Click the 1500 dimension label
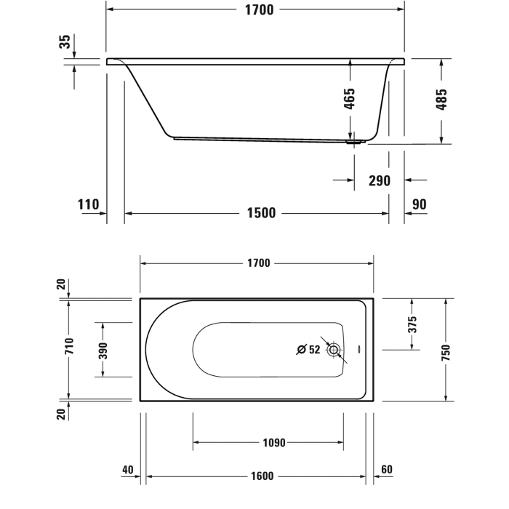point(261,213)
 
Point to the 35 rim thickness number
point(65,42)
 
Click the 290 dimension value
point(379,180)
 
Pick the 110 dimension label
point(88,204)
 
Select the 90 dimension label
point(420,204)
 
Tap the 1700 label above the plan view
point(258,262)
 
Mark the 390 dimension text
point(103,350)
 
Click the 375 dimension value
point(412,324)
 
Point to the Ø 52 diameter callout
point(308,350)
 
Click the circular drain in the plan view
point(334,350)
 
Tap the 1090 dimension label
point(273,442)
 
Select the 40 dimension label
point(128,470)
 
